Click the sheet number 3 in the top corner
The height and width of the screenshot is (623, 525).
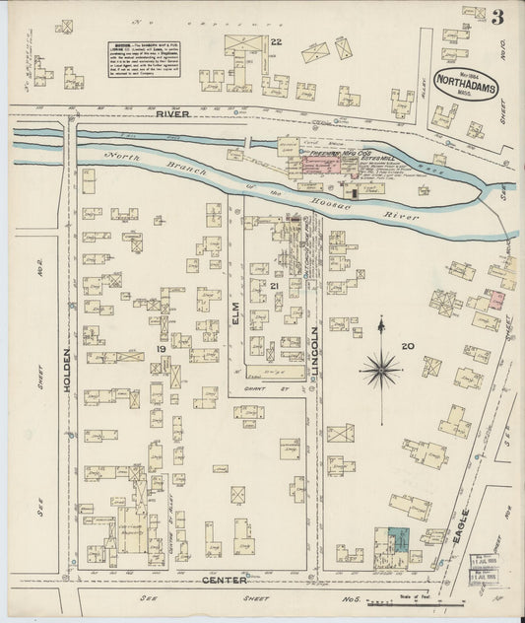(x=498, y=17)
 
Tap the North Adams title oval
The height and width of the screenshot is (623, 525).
(x=466, y=86)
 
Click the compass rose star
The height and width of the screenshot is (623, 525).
(x=380, y=370)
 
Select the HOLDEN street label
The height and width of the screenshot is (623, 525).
(x=68, y=370)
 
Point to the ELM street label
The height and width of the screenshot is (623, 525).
(x=235, y=313)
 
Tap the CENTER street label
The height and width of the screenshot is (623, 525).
(x=226, y=580)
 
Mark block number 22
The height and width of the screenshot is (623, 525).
(x=277, y=41)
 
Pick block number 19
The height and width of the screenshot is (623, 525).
(x=161, y=349)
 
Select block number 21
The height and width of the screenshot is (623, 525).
(x=275, y=286)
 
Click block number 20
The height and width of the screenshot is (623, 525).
(x=406, y=346)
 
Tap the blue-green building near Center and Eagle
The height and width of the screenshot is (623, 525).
(x=398, y=541)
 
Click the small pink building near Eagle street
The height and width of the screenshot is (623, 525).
(x=497, y=297)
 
